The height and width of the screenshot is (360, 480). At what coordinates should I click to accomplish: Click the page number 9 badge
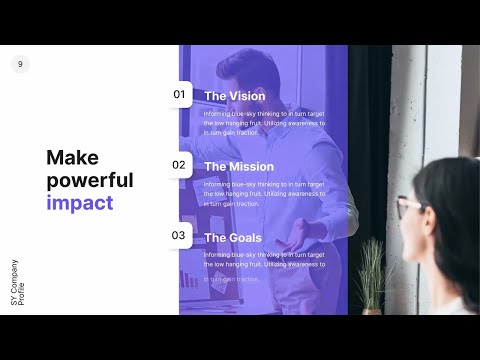click(x=20, y=64)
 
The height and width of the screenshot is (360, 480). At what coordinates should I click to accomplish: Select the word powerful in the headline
click(x=90, y=180)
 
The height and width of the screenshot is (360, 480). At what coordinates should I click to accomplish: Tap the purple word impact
click(x=79, y=203)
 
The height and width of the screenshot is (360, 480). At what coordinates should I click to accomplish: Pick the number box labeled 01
click(x=180, y=95)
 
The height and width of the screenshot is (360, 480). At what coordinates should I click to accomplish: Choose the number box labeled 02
click(x=180, y=165)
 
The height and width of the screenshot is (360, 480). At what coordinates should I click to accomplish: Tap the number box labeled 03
click(x=180, y=236)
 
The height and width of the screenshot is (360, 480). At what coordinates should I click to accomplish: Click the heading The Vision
click(x=235, y=96)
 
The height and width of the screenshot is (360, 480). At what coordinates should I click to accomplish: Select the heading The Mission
click(x=239, y=166)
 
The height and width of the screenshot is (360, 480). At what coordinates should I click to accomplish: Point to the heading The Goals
click(x=233, y=237)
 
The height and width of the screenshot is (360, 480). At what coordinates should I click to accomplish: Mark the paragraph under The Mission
click(x=265, y=193)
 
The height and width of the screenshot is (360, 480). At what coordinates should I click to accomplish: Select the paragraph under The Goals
click(x=265, y=264)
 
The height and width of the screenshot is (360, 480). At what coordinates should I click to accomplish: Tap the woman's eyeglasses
click(x=408, y=208)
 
